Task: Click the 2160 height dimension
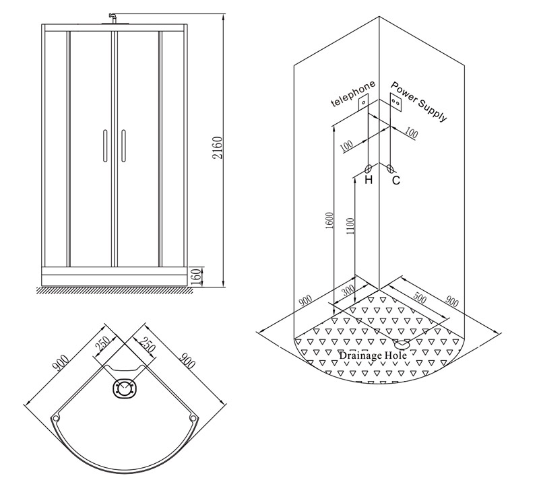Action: coord(218,147)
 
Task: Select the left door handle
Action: coord(105,145)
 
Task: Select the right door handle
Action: coord(123,145)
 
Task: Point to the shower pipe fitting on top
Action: coord(112,19)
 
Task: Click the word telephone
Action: coord(352,94)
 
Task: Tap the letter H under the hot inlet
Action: coord(369,179)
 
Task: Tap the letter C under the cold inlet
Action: coord(396,180)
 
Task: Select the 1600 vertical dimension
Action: coord(329,221)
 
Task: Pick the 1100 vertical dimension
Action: coord(350,226)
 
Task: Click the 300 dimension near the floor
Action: coord(348,290)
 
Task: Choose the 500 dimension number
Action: coord(419,298)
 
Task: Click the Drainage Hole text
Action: coord(373,355)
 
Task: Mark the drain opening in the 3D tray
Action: coord(402,343)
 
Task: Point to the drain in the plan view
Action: coord(125,388)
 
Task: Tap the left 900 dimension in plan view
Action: coord(61,364)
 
